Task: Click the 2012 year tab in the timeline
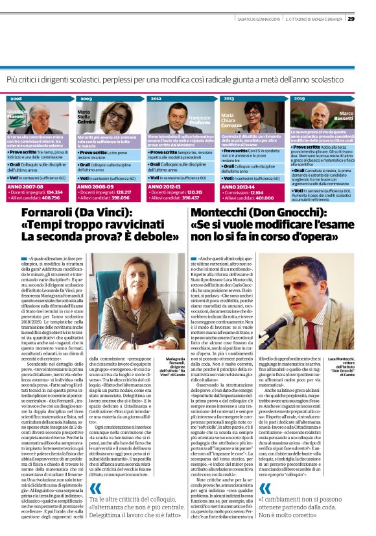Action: [x=156, y=99]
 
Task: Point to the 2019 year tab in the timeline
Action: [x=299, y=99]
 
